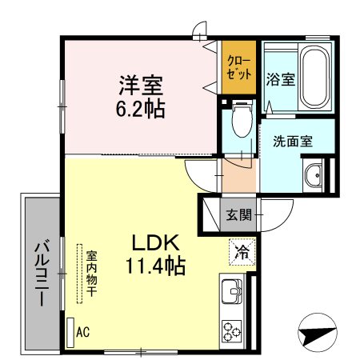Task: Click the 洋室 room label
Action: [x=143, y=83]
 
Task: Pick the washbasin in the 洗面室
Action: [x=312, y=174]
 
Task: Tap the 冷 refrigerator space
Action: [x=241, y=253]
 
